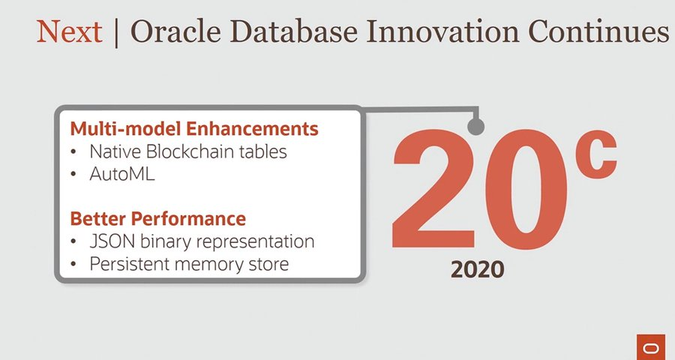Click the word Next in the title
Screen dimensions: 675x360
70,31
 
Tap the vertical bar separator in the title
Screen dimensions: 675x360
116,33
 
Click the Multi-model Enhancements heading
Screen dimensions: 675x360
194,128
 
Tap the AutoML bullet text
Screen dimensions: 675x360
122,174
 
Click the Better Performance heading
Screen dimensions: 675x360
158,218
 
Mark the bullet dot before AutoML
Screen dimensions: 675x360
74,175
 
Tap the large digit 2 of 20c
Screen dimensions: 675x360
433,190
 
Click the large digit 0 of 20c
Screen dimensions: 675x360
526,190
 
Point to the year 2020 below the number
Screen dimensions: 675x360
478,270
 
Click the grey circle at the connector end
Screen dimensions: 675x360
475,127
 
